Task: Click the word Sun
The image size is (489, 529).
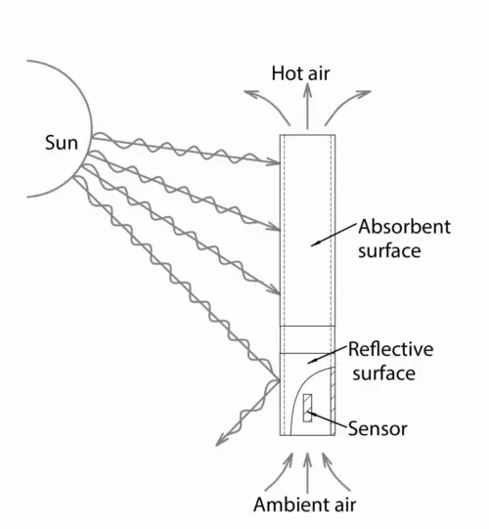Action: click(x=62, y=143)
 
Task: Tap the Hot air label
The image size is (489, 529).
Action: click(x=300, y=73)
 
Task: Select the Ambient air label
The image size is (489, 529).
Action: click(x=305, y=505)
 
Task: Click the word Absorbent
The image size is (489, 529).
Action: click(x=404, y=227)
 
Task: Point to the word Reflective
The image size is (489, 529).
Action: click(x=391, y=349)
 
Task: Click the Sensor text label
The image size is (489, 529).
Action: click(x=378, y=429)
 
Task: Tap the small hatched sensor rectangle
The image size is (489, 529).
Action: click(x=307, y=408)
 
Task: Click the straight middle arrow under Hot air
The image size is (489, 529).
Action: click(x=307, y=106)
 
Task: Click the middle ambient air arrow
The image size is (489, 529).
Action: click(x=307, y=473)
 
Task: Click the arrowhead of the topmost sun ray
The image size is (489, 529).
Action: click(x=274, y=161)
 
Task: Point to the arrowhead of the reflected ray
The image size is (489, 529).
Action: click(x=221, y=439)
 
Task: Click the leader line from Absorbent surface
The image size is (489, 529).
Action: click(x=333, y=235)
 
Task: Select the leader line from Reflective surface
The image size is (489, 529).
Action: click(x=327, y=355)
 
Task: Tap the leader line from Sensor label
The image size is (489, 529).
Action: click(x=327, y=419)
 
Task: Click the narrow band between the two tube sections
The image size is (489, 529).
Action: click(x=307, y=339)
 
